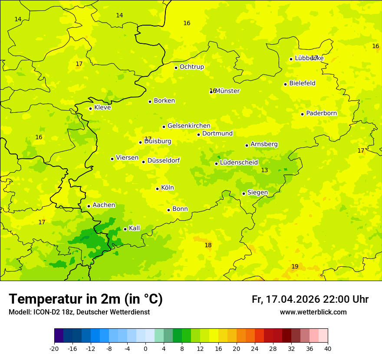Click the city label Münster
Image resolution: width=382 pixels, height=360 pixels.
click(227, 91)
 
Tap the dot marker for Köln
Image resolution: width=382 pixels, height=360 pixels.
click(158, 189)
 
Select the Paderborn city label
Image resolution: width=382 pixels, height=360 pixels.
click(321, 113)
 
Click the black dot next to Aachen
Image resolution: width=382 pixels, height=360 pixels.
click(89, 206)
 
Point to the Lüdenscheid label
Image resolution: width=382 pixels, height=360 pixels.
click(239, 163)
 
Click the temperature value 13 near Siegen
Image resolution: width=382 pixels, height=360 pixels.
click(264, 170)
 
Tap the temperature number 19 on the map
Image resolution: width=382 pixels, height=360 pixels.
click(295, 266)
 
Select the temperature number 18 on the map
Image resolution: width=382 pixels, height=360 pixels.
click(208, 245)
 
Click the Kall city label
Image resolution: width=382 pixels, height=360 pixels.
click(135, 228)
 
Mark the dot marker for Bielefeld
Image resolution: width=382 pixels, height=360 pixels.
click(285, 84)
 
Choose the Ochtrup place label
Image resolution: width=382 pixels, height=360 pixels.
click(191, 67)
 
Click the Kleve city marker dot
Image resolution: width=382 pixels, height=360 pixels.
click(90, 108)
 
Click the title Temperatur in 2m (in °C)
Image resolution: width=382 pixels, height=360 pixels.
click(86, 299)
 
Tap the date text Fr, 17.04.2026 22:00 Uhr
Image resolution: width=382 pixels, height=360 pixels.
click(310, 299)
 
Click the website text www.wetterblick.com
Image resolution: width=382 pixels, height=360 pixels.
click(313, 312)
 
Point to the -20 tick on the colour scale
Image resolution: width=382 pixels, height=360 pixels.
click(54, 349)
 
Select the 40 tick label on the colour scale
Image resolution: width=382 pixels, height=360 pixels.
click(328, 349)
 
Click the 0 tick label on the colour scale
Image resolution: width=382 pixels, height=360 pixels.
click(145, 349)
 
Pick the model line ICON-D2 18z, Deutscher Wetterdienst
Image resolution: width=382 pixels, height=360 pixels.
click(79, 312)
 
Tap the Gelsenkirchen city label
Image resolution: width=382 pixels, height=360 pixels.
click(189, 126)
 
